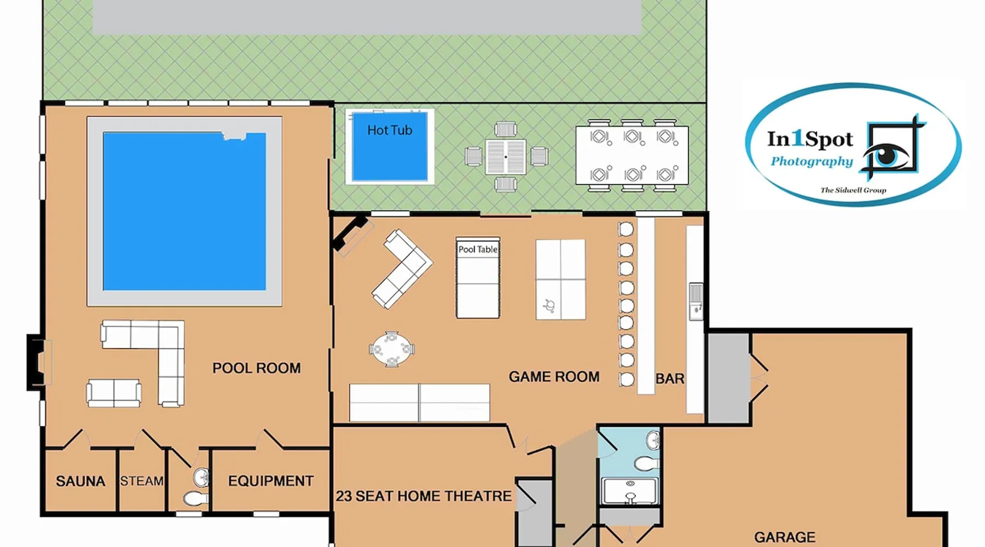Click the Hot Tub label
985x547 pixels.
[390, 130]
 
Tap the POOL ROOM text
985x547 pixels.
[257, 368]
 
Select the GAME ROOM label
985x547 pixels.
[554, 377]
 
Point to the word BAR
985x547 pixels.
[670, 379]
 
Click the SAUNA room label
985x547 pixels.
[80, 481]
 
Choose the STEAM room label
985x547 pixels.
[142, 481]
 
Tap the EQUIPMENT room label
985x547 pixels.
[271, 481]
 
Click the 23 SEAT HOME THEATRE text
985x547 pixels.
[424, 496]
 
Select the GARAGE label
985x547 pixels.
[785, 537]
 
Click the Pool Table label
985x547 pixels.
[478, 249]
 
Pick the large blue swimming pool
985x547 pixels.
[184, 211]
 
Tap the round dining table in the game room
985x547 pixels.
[392, 349]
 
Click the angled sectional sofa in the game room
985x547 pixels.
[403, 269]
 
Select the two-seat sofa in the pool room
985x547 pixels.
[114, 393]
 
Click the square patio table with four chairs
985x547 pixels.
[506, 157]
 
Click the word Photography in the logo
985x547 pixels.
[812, 161]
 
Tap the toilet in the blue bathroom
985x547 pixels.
[647, 464]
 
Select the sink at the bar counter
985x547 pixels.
[696, 301]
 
